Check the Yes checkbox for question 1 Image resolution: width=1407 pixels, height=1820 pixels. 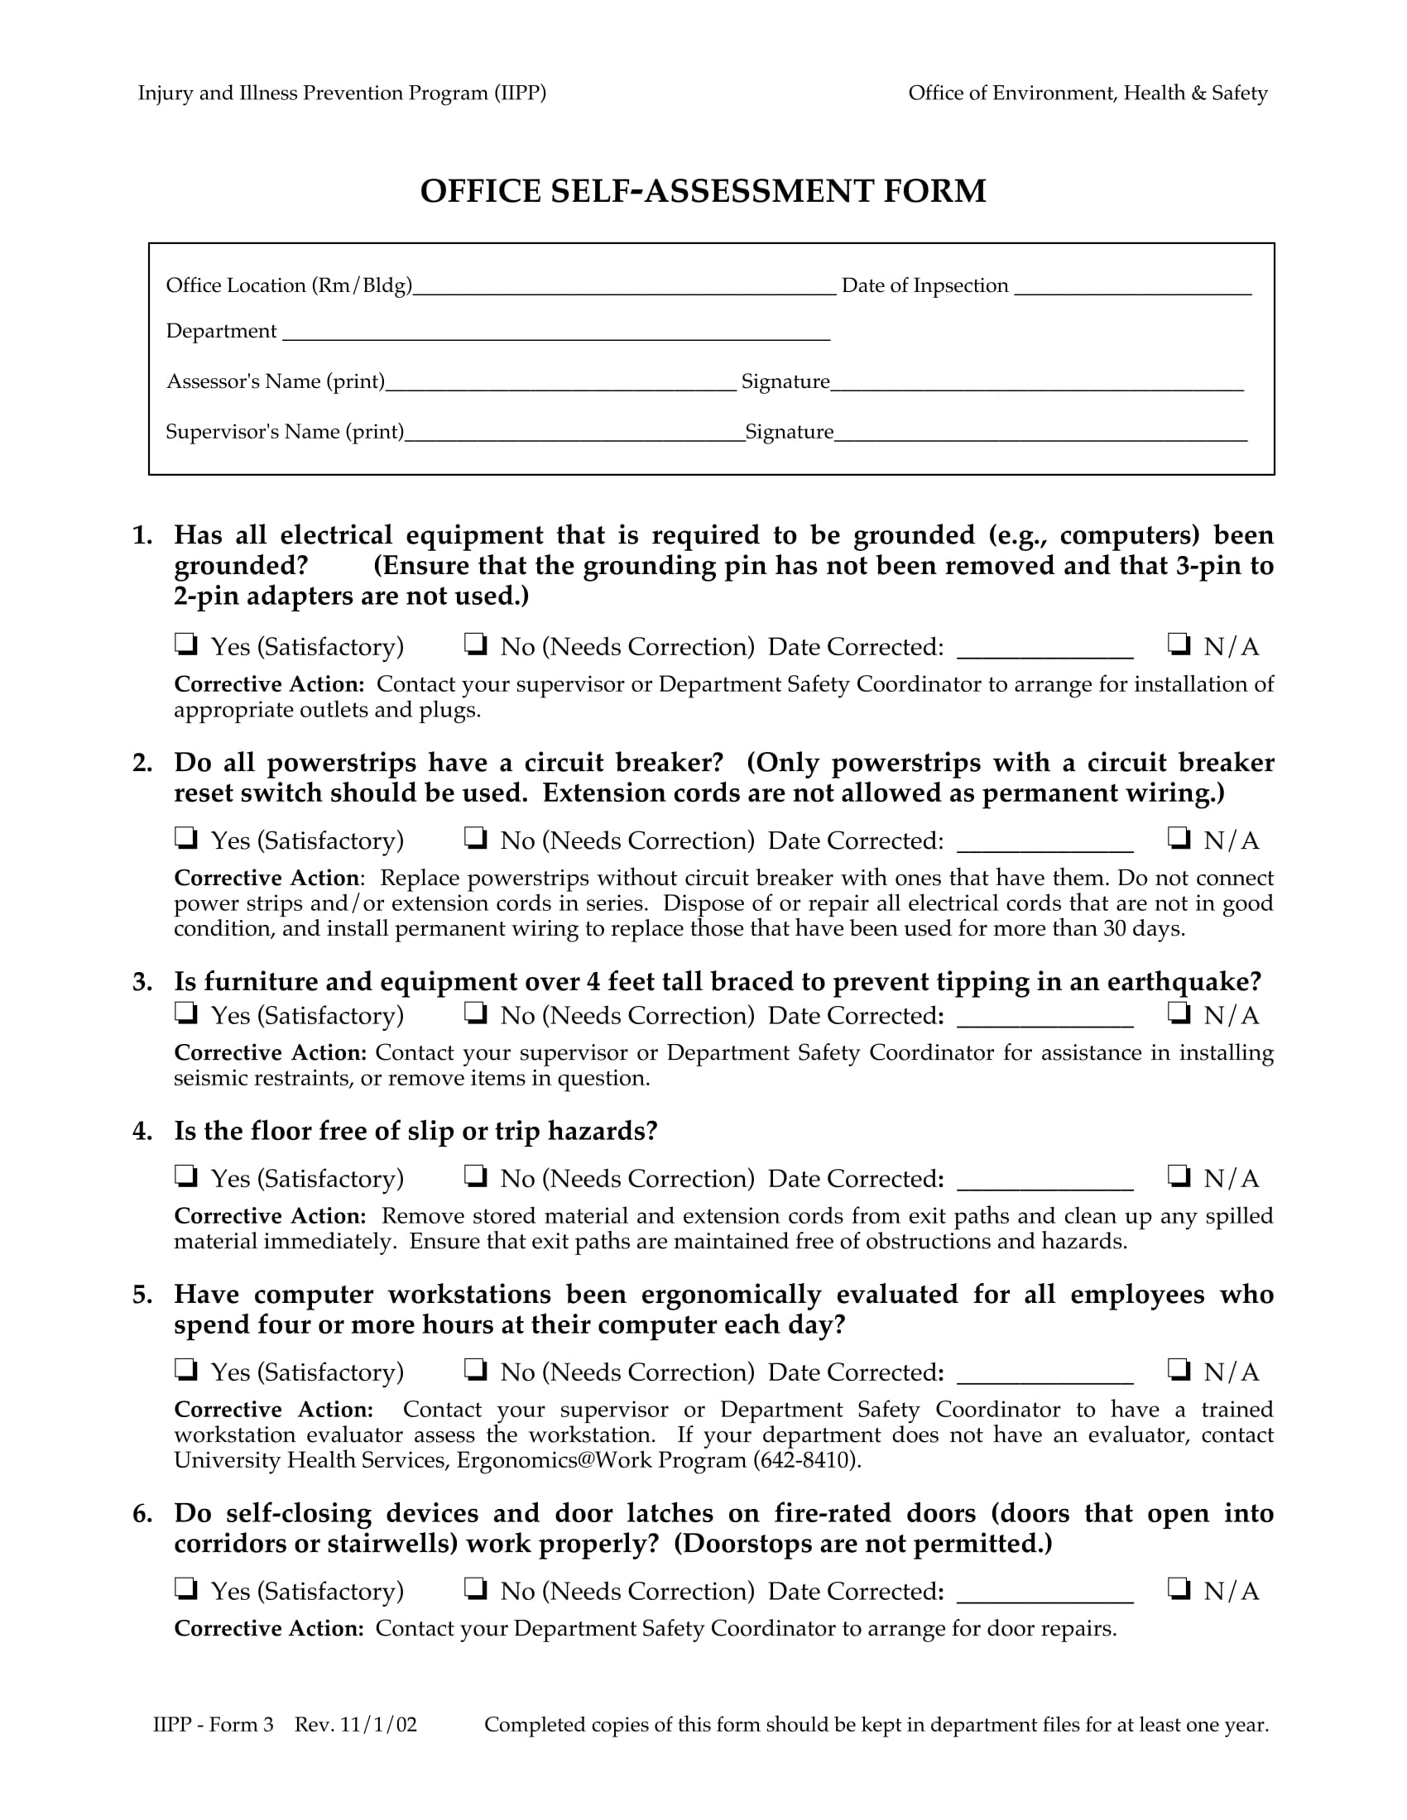click(x=185, y=644)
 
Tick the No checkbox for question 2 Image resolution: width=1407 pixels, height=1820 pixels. click(x=475, y=837)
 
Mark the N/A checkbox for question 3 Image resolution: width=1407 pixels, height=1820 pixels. click(x=1179, y=1013)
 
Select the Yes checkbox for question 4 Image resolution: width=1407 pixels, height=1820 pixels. click(x=185, y=1176)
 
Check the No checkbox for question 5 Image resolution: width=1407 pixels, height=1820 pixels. click(x=475, y=1369)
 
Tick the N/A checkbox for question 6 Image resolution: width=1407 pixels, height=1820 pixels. click(x=1179, y=1588)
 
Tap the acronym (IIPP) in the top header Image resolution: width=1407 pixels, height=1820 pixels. click(x=519, y=93)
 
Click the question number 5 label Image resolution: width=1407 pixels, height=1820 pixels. click(x=142, y=1294)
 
